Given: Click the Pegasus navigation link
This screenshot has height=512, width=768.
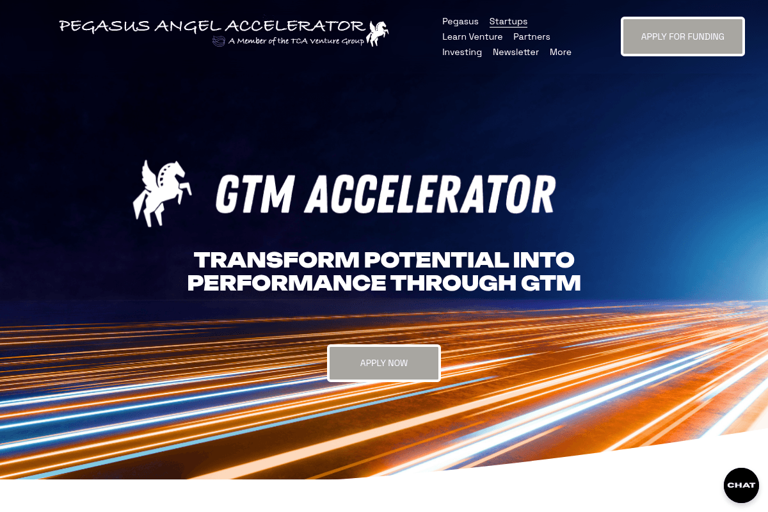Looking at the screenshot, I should pyautogui.click(x=460, y=22).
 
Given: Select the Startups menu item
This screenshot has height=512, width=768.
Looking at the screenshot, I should pyautogui.click(x=508, y=22).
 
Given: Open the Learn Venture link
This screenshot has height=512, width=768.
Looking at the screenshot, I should pyautogui.click(x=472, y=37).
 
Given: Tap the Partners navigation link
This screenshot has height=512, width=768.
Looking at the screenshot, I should pyautogui.click(x=531, y=37).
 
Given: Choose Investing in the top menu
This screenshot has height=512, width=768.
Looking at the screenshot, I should pyautogui.click(x=462, y=52).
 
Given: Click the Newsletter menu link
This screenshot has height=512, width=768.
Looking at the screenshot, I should pyautogui.click(x=516, y=52).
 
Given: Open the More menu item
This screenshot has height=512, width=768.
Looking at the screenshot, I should pyautogui.click(x=561, y=52).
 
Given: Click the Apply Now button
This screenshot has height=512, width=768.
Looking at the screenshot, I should pyautogui.click(x=384, y=363).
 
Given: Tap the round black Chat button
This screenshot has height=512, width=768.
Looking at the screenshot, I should pyautogui.click(x=741, y=485).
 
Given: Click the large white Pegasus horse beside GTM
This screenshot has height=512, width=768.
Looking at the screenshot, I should pyautogui.click(x=161, y=193).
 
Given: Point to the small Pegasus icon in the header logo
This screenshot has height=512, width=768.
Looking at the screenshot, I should pyautogui.click(x=378, y=33).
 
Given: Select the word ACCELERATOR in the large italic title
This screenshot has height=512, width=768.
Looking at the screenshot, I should pyautogui.click(x=430, y=193).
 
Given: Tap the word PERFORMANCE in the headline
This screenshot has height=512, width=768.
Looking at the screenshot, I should pyautogui.click(x=286, y=283).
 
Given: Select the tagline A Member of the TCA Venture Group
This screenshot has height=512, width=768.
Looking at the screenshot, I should pyautogui.click(x=296, y=42).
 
